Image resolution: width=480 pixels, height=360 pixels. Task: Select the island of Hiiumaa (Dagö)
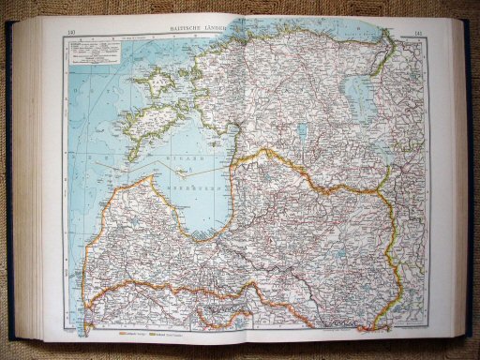pyautogui.click(x=149, y=84)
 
